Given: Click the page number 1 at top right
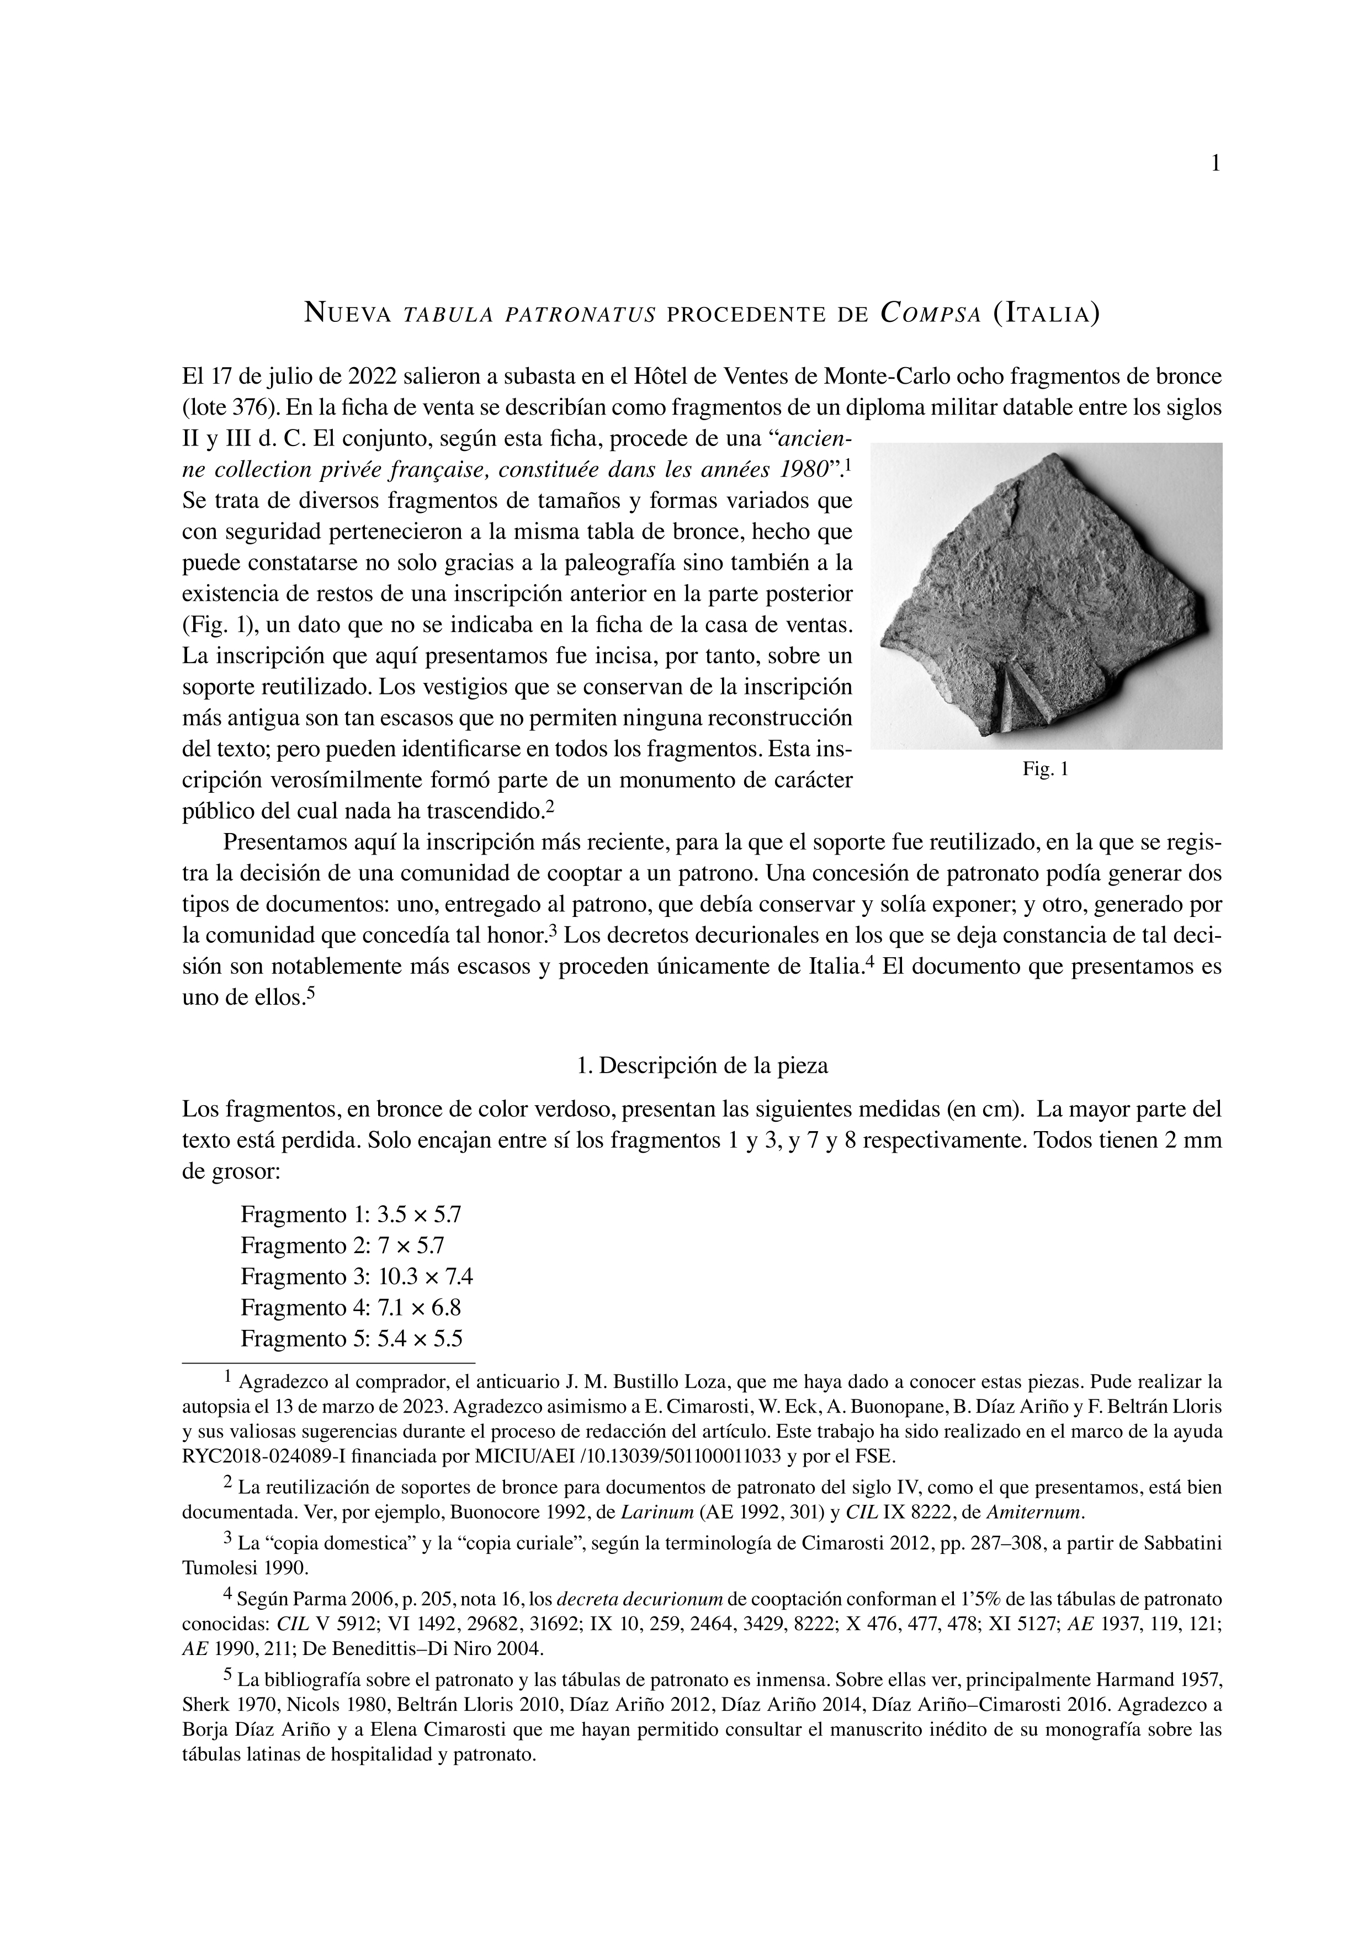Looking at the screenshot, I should [1215, 165].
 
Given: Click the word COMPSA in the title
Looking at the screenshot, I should [930, 315].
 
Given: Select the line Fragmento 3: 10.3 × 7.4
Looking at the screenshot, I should [357, 1277].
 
